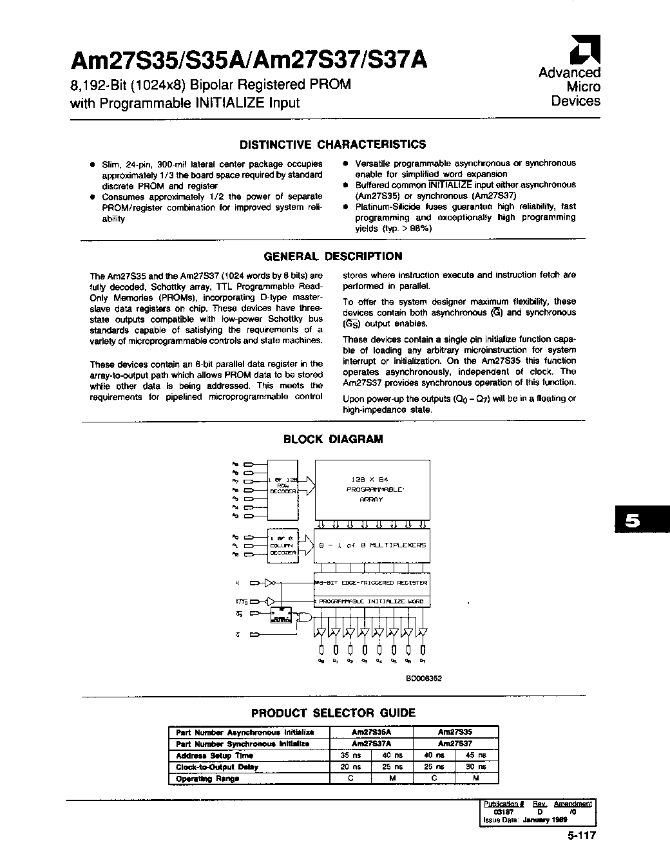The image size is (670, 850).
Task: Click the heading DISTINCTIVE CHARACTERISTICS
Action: pos(332,144)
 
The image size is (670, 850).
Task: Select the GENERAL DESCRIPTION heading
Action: pos(332,256)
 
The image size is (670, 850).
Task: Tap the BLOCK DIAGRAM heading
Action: pos(333,439)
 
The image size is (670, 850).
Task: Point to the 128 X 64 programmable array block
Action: pos(372,489)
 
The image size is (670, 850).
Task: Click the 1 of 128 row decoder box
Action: pos(282,486)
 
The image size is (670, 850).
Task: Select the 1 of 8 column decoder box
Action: pos(282,545)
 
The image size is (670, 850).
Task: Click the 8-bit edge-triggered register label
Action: pos(372,582)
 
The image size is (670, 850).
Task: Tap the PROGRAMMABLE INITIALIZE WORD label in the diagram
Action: pos(372,601)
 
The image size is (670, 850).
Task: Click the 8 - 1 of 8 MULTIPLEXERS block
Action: pos(372,545)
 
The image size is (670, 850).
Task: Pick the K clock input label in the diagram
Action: pos(238,583)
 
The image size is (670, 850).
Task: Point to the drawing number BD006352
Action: pos(423,678)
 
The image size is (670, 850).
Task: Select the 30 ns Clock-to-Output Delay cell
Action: pos(476,767)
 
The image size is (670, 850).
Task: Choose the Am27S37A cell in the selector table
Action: pos(371,744)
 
